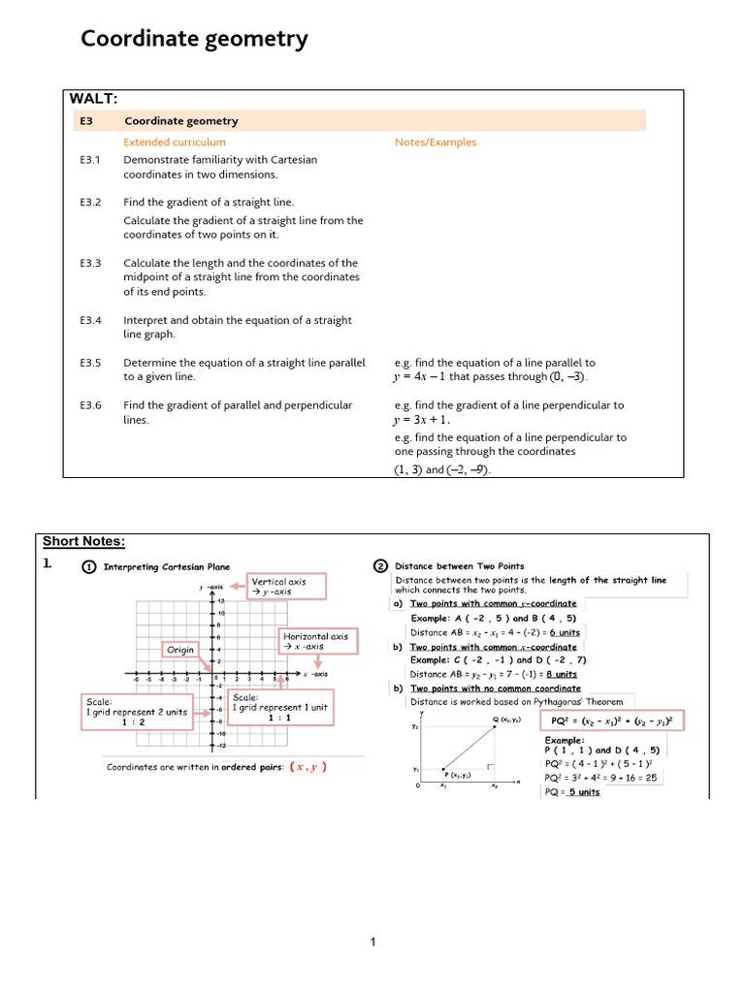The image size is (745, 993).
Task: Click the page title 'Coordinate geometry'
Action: [194, 39]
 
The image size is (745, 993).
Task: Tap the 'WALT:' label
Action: [93, 98]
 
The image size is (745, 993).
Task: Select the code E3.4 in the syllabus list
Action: [90, 320]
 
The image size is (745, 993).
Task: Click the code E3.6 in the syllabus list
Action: [90, 405]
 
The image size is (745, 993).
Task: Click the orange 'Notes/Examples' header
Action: [436, 143]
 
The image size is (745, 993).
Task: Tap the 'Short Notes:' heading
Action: [84, 541]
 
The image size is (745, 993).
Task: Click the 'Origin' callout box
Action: [180, 650]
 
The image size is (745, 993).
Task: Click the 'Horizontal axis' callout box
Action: [316, 641]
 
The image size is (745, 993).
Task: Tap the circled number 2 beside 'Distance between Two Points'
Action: [380, 566]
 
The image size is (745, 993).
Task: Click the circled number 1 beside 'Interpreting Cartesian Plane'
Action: [88, 566]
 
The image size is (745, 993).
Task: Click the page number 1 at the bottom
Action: [372, 942]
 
